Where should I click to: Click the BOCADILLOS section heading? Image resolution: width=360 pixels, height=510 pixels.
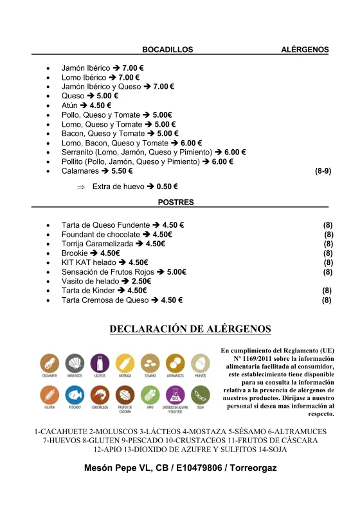coord(167,50)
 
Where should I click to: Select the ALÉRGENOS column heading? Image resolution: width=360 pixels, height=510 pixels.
coord(305,50)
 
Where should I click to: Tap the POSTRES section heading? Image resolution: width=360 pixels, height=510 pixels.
coord(175,202)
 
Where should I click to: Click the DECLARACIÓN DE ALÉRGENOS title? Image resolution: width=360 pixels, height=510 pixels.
coord(190,329)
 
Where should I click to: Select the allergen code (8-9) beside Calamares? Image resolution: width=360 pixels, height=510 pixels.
coord(323,172)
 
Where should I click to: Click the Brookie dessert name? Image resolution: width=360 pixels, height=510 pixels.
coord(75,253)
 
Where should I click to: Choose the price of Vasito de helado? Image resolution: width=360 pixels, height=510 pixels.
coord(141,281)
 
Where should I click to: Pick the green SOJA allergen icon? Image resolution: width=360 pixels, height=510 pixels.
coord(201,395)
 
